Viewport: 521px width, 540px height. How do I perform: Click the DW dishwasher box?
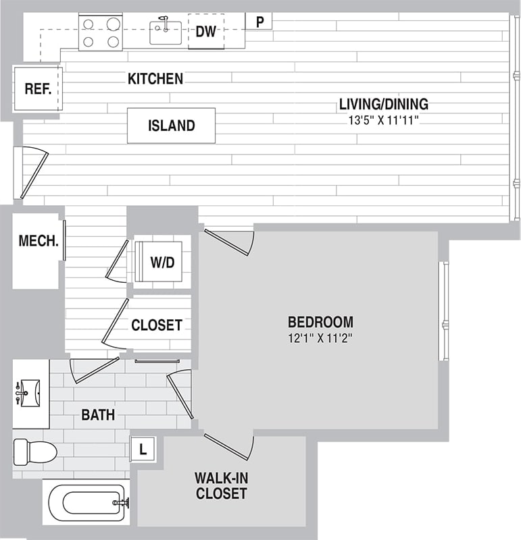(205, 31)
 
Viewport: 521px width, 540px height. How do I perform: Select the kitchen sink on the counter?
(165, 32)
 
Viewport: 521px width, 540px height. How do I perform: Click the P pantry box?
(259, 22)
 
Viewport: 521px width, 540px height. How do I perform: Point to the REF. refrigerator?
(38, 89)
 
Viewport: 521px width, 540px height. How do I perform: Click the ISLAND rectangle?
(171, 126)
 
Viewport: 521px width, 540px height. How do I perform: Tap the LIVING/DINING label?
(383, 105)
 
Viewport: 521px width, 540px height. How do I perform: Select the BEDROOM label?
(320, 321)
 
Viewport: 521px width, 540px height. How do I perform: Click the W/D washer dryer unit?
(162, 262)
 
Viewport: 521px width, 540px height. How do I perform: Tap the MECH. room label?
(38, 241)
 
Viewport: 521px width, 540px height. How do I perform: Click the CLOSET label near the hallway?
(156, 325)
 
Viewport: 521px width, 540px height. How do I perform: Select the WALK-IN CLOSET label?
(221, 486)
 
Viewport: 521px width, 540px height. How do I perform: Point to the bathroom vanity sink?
(29, 391)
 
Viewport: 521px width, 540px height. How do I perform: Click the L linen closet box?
(143, 448)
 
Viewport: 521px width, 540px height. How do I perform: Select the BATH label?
(98, 414)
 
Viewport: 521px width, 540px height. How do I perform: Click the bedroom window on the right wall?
(444, 311)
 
